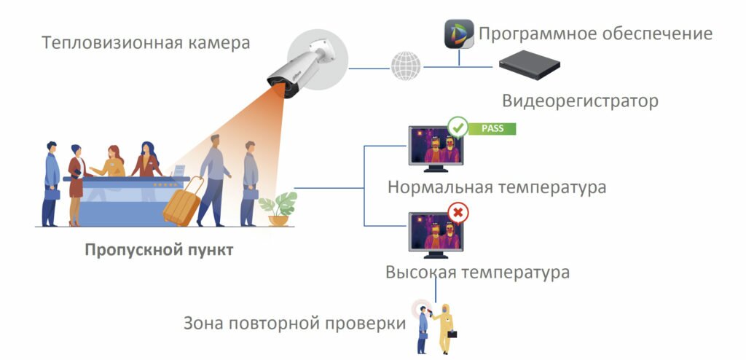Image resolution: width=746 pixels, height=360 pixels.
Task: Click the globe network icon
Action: [406, 66]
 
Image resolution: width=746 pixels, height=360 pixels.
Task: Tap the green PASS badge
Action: [492, 128]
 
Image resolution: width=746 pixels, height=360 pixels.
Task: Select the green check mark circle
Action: [458, 127]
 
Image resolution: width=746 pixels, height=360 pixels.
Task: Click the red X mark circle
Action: [458, 214]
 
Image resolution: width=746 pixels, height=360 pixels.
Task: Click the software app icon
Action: [459, 34]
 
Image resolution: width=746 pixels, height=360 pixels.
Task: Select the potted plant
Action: [278, 208]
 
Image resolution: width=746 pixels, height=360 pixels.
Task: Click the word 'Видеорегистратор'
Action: [581, 101]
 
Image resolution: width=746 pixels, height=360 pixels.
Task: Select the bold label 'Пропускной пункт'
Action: [159, 249]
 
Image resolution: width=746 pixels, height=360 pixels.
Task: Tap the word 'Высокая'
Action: [420, 273]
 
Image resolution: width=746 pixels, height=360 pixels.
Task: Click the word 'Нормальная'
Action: [440, 187]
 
